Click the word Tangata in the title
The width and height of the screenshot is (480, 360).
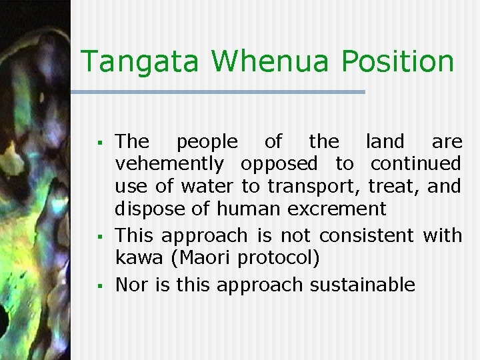[x=138, y=62]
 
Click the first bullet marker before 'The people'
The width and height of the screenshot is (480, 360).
[x=98, y=143]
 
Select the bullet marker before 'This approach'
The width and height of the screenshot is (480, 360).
[x=98, y=237]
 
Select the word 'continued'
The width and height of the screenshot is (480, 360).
[x=416, y=163]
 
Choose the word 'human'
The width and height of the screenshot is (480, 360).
[x=255, y=209]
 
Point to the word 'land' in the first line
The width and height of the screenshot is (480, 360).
[x=385, y=141]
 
